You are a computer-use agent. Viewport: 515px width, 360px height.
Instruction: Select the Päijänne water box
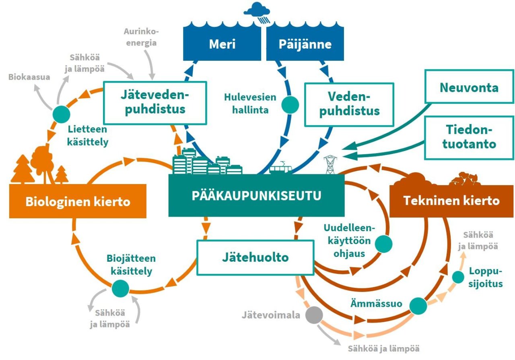[x=305, y=44]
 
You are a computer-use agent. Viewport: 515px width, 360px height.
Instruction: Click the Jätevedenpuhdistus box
[x=155, y=103]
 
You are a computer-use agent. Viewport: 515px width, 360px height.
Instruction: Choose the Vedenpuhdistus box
[x=349, y=104]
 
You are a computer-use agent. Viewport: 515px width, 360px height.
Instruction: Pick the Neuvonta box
[x=469, y=87]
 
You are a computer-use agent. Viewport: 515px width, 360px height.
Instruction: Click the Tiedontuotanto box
[x=469, y=137]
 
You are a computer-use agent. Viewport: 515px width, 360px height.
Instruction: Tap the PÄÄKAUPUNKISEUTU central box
[x=256, y=196]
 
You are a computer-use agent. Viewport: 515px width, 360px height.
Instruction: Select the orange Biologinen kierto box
[x=78, y=201]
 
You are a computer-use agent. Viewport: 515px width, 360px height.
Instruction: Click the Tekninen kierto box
[x=451, y=200]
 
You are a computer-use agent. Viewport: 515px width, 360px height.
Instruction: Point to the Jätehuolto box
[x=255, y=257]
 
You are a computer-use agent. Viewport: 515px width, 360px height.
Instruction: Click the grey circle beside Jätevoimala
[x=314, y=315]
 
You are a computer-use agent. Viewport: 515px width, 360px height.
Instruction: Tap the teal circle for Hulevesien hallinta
[x=290, y=104]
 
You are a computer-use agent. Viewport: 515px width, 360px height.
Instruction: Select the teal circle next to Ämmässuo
[x=418, y=306]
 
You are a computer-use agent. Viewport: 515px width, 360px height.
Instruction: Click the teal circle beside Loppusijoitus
[x=458, y=277]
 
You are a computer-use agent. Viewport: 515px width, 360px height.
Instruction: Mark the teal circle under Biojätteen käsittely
[x=120, y=288]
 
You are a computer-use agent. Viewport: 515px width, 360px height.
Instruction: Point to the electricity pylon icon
[x=330, y=165]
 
